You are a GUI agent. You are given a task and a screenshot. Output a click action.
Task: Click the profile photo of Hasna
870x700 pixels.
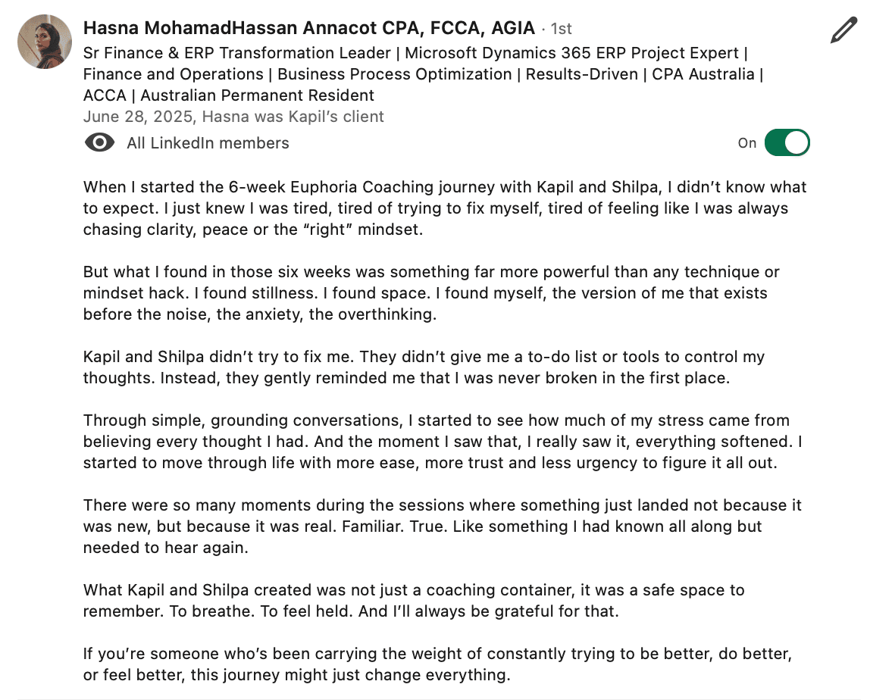[x=45, y=42]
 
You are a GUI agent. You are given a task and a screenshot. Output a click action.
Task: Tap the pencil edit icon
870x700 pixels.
[x=843, y=30]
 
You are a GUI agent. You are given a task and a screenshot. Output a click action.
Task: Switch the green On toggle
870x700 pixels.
[x=787, y=142]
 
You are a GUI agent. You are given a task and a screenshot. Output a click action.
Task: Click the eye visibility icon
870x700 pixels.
[x=100, y=142]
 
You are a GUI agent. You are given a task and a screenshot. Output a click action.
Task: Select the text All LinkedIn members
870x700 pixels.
[x=208, y=143]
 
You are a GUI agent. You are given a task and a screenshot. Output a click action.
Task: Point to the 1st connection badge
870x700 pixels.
[x=561, y=29]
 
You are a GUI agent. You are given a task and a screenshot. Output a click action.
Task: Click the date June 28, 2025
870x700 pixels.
[x=139, y=117]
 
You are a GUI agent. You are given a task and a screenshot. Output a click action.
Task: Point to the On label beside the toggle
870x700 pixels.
[x=747, y=143]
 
